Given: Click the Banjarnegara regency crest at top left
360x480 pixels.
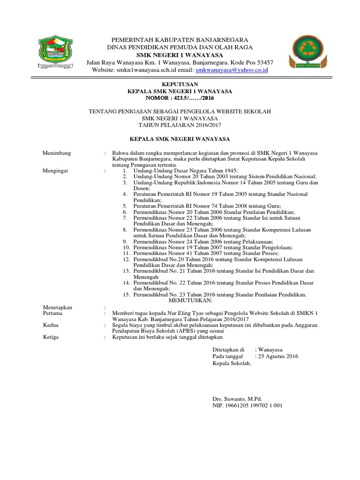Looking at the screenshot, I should [x=55, y=52].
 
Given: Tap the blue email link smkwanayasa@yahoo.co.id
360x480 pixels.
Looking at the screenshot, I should [x=232, y=70].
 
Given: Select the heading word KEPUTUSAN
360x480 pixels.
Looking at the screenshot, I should [x=180, y=84].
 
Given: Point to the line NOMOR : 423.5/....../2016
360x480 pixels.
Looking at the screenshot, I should [x=180, y=98].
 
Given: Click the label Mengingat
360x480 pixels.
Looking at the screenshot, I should [x=55, y=171].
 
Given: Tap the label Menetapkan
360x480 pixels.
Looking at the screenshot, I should [x=58, y=307].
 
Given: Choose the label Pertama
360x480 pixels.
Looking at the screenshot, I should [x=52, y=313].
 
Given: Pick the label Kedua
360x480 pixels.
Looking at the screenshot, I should [x=51, y=325].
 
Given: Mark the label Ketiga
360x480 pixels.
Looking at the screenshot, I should [x=51, y=337].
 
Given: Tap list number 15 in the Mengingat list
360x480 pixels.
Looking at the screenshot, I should [x=126, y=295].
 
